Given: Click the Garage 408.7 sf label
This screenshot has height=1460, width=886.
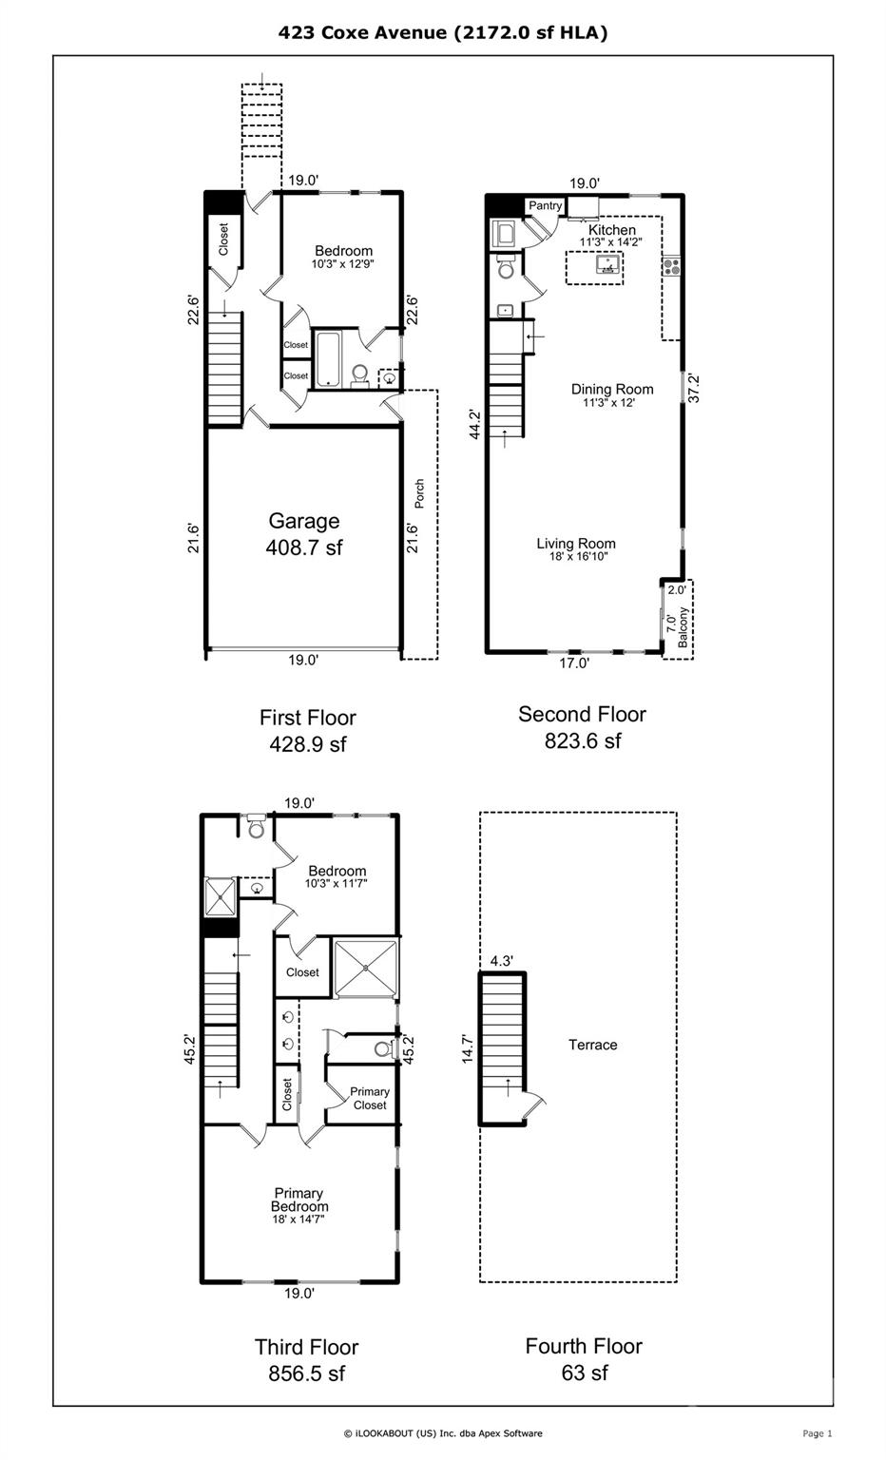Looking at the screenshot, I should coord(304,533).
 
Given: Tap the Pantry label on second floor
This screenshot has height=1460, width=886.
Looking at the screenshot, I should coord(546,206).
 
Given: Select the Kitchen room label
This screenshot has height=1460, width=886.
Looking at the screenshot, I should coord(612,231).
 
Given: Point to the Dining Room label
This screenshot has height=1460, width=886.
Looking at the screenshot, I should coord(612,389).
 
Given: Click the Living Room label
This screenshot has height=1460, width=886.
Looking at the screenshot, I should coord(576,544).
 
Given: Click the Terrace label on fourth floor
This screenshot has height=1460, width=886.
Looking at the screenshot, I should coord(593,1045).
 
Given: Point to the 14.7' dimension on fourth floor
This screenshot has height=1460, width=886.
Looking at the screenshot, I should coord(468,1043).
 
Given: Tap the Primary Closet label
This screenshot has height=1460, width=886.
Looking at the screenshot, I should coord(370,1099).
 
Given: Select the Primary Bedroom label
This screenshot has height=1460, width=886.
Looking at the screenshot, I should coord(299,1200).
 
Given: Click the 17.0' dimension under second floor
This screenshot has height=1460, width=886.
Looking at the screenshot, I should coord(573,663).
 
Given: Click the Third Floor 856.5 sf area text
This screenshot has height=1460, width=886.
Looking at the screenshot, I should coord(306,1360).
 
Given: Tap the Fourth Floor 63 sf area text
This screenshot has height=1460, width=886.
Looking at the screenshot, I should coord(584,1359).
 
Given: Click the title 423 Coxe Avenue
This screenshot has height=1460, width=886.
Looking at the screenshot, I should coord(443,33).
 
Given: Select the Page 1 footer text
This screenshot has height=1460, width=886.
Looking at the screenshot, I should coord(818,1433).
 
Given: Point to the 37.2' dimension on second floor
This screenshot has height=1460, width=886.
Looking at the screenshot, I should coord(694,388).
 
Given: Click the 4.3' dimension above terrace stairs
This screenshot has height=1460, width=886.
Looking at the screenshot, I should coord(501,961).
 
